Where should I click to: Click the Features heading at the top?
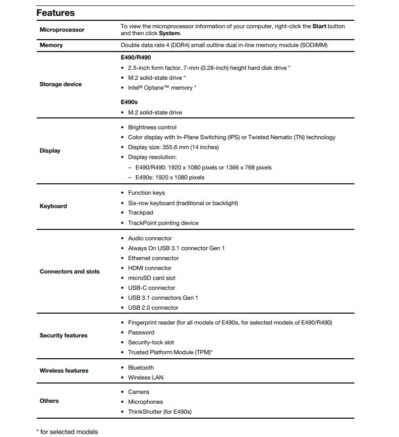56,13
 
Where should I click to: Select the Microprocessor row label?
62,30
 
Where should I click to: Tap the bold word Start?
319,26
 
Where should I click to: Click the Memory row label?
51,45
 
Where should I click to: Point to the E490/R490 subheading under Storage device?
136,57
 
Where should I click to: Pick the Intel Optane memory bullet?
162,88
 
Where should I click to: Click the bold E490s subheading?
129,102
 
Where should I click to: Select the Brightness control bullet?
152,127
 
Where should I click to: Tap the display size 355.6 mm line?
173,147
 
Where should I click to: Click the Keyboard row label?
53,206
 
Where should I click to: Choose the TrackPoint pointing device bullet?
163,223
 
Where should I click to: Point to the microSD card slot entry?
152,278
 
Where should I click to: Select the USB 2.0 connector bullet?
153,308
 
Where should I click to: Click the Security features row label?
63,335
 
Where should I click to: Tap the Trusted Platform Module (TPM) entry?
170,352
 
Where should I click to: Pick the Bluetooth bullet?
141,368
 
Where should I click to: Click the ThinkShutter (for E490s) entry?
160,412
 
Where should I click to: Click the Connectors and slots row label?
69,272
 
